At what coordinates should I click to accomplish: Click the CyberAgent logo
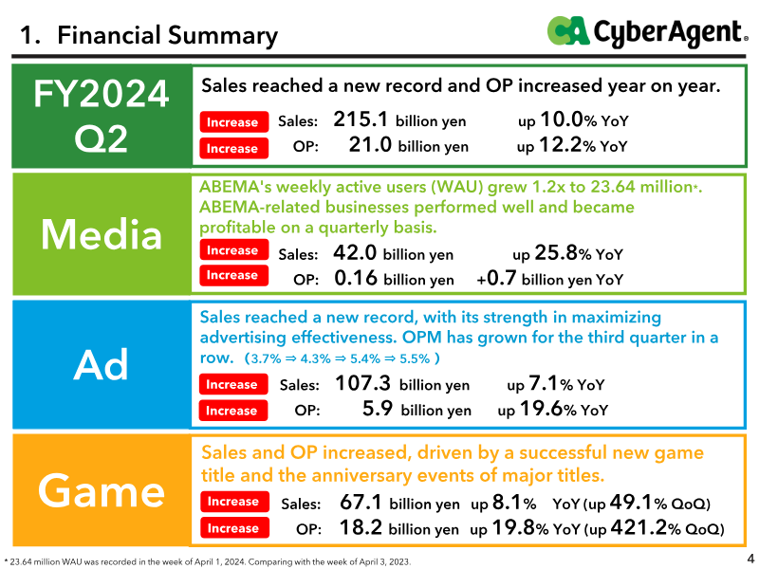[x=648, y=32]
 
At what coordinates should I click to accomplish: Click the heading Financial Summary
[x=168, y=35]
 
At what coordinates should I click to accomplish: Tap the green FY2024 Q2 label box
[x=102, y=116]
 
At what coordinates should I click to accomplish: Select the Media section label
[x=102, y=234]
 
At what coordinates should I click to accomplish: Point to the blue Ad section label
[x=102, y=364]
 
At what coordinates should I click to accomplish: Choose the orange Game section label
[x=102, y=490]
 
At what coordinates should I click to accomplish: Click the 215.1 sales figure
[x=361, y=119]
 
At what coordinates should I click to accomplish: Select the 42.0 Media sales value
[x=354, y=252]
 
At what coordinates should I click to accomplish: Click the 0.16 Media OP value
[x=355, y=278]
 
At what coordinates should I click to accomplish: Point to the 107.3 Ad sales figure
[x=362, y=383]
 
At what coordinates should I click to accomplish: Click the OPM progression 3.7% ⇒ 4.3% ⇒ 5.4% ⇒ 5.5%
[x=342, y=358]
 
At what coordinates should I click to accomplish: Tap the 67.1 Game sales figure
[x=361, y=503]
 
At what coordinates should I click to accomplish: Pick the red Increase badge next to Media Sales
[x=233, y=249]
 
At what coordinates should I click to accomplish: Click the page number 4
[x=750, y=558]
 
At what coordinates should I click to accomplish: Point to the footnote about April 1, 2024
[x=207, y=561]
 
